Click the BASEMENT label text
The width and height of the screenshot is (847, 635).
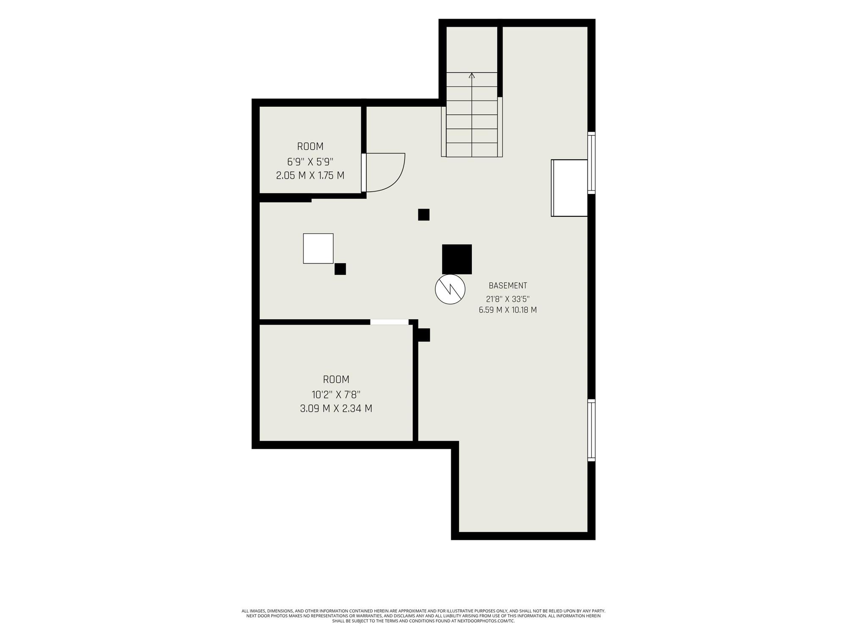coord(508,286)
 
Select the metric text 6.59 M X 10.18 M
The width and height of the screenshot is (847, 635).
coord(508,310)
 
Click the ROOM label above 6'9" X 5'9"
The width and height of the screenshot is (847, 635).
coord(310,146)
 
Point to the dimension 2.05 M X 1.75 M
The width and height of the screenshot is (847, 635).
coord(310,175)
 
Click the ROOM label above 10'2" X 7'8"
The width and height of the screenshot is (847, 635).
coord(336,379)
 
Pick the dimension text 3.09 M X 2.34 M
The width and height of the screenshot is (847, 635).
coord(336,409)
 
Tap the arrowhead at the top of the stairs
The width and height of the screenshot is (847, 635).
coord(472,75)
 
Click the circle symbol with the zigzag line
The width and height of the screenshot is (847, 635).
coord(450,290)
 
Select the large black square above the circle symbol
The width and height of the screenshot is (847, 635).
coord(457,259)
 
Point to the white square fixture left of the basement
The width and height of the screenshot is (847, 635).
coord(318,248)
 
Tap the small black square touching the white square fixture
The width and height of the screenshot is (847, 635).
coord(340,269)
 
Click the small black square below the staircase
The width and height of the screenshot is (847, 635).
coord(423,215)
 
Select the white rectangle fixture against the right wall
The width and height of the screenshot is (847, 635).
coord(569,188)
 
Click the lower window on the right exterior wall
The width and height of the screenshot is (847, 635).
coord(592,430)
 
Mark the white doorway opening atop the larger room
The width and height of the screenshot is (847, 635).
coord(390,322)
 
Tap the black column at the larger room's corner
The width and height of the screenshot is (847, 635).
coord(424,335)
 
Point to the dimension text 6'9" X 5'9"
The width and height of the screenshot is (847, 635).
coord(310,162)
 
